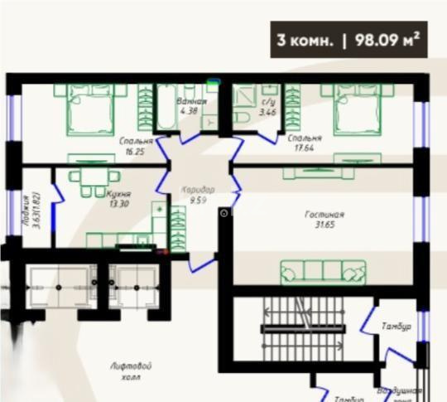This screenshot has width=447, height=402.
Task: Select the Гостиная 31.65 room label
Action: click(x=324, y=219)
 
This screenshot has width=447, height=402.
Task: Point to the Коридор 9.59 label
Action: click(x=197, y=195)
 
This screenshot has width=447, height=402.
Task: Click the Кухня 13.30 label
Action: click(x=119, y=200)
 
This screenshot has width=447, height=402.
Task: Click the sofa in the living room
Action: click(x=323, y=270)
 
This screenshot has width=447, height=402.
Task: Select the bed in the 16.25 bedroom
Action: click(x=91, y=109)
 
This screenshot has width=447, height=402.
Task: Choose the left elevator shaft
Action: click(x=58, y=286)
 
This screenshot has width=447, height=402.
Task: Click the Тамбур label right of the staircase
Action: click(x=397, y=327)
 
